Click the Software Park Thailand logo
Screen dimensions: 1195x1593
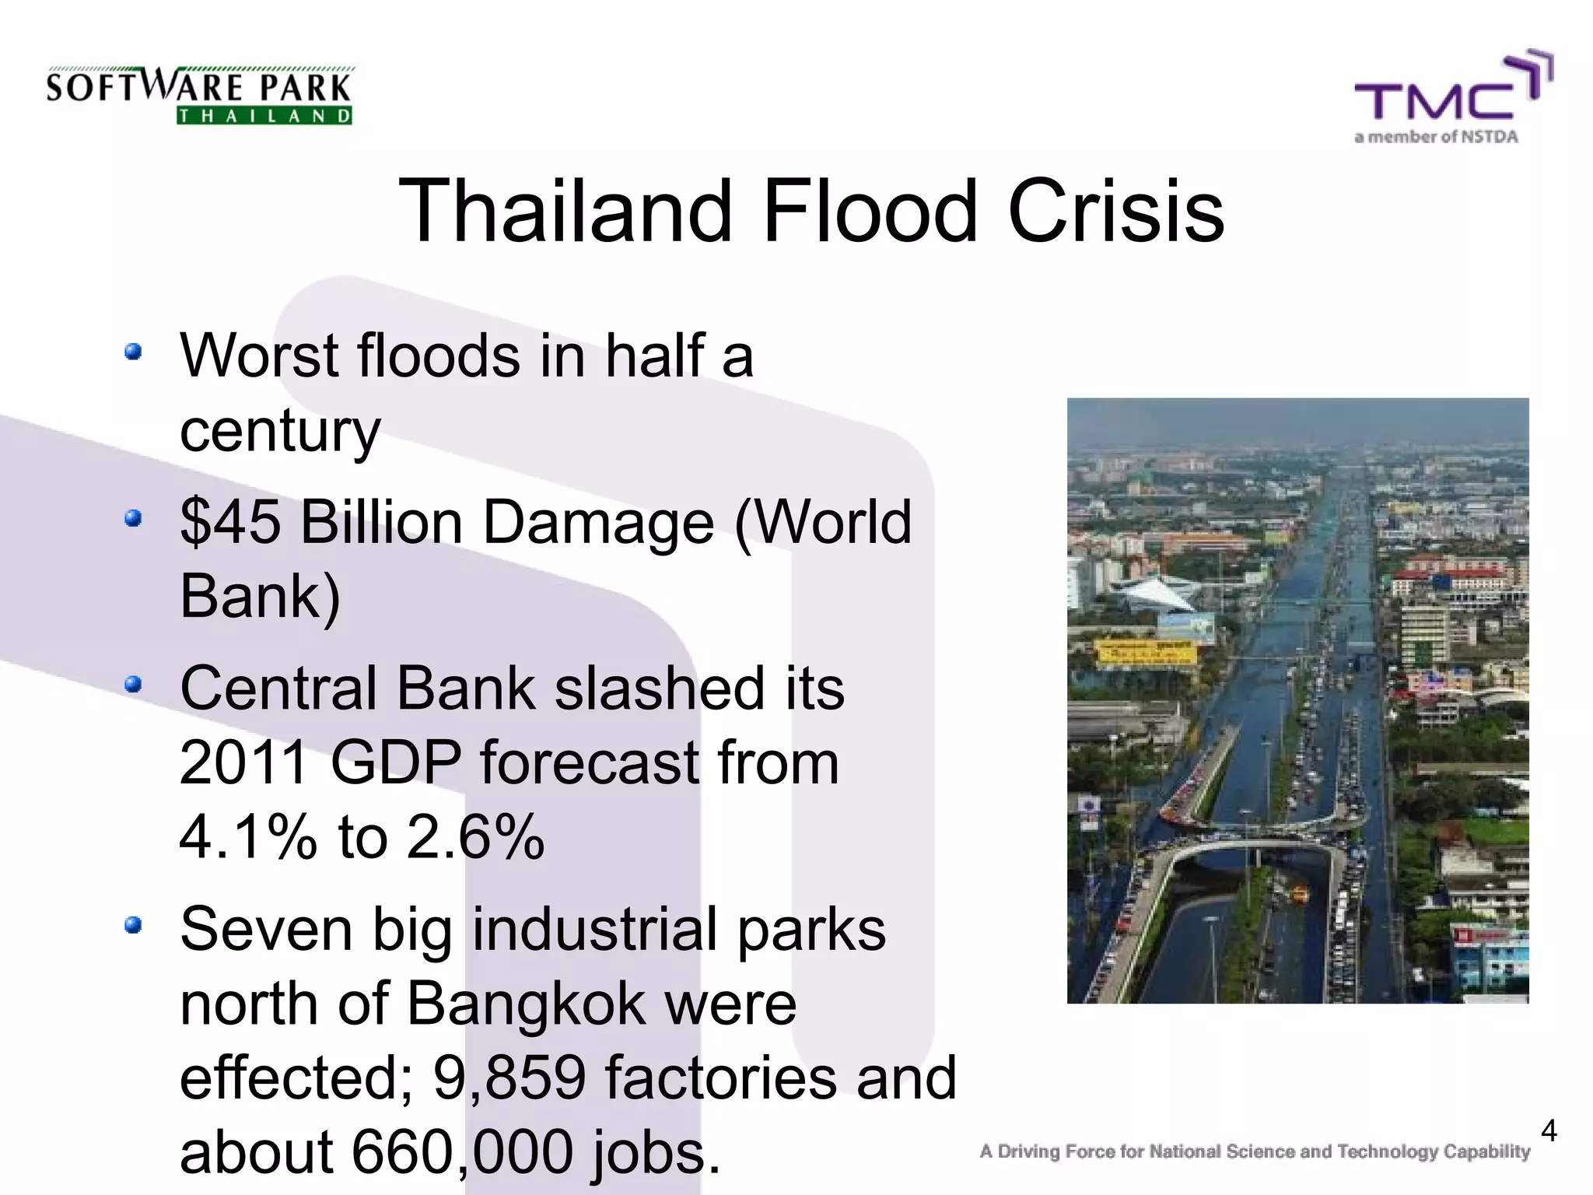[199, 95]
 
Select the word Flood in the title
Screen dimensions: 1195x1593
[870, 211]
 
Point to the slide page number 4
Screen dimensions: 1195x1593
[1549, 1130]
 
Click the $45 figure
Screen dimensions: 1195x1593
[230, 521]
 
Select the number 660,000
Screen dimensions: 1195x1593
[463, 1152]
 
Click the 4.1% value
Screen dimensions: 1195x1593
[248, 837]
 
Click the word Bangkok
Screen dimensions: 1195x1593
[526, 1004]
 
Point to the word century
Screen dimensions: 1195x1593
[280, 431]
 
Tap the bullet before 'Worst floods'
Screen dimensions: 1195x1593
[134, 352]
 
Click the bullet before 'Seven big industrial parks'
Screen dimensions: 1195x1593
[134, 925]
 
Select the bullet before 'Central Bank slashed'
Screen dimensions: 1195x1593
[134, 684]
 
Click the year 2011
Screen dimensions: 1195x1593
[244, 762]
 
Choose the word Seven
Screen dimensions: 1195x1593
[265, 929]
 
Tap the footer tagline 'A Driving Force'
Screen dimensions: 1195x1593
[1254, 1151]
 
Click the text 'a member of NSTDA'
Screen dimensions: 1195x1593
[1436, 138]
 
